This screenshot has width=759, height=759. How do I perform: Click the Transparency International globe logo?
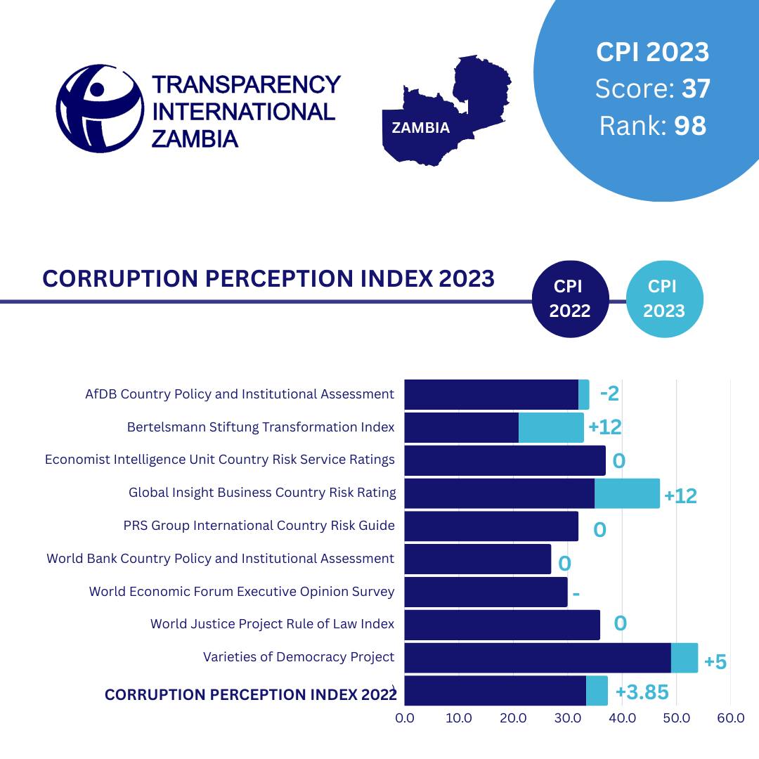(100, 108)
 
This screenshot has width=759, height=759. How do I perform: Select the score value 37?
(695, 89)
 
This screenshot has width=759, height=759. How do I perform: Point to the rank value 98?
(689, 126)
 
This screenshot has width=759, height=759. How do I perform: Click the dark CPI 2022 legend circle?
(569, 299)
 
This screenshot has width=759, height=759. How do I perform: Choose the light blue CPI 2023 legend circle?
(663, 299)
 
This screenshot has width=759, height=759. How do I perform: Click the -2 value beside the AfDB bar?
(609, 394)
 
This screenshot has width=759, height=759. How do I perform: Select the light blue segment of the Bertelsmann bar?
(551, 427)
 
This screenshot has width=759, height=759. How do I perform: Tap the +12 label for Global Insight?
(680, 496)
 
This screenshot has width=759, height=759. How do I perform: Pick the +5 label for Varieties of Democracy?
(715, 662)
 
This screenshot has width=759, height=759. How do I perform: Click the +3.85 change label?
(642, 692)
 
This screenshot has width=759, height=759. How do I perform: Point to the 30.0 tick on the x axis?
(568, 718)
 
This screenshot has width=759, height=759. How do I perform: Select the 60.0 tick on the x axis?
(731, 718)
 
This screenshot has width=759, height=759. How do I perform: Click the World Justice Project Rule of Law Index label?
(272, 624)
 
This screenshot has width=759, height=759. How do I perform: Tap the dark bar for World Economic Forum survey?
(486, 592)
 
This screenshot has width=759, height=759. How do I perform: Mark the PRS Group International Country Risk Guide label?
(259, 526)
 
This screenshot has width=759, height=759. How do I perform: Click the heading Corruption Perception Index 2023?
(268, 278)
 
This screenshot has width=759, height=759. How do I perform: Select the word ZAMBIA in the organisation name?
(195, 138)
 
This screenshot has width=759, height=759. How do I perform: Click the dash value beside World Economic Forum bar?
(576, 594)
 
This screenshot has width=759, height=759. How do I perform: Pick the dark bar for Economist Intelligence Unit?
(505, 460)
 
